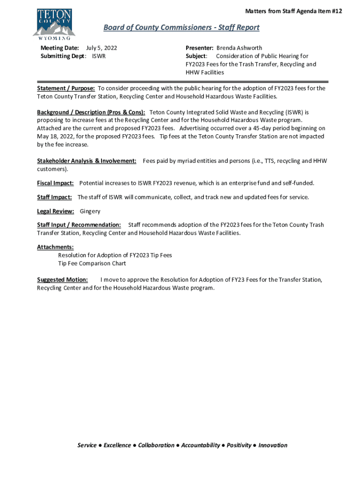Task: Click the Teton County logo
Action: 54,24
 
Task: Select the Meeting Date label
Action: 59,48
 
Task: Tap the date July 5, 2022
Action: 101,48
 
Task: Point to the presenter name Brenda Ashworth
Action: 239,48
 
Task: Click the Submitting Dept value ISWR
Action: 99,56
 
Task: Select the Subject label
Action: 196,56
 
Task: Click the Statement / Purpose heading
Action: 66,88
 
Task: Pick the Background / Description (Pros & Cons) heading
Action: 91,112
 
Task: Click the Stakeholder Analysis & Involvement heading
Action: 86,160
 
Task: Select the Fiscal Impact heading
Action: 56,182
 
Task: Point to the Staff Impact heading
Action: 54,197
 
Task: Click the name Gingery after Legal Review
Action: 90,211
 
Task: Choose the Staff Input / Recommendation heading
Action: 79,225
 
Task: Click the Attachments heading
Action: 55,247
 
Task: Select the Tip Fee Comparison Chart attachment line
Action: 92,263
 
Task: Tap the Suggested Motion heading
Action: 62,280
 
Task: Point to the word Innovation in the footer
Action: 273,445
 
